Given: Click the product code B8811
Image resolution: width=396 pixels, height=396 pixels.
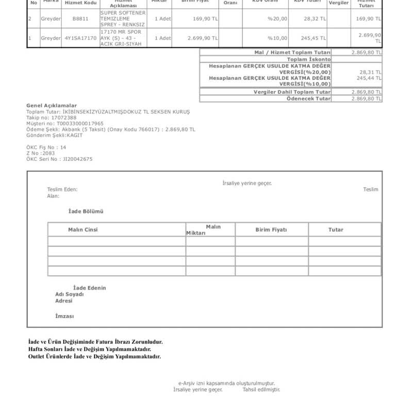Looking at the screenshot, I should (79, 19).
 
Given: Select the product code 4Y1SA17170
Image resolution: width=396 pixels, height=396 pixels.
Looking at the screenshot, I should (80, 38).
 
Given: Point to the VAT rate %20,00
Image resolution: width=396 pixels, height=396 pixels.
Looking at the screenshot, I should (277, 19).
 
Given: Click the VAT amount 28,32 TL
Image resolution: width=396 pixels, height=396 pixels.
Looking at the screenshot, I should (315, 19).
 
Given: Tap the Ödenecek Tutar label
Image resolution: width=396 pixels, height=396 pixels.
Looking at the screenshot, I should (308, 98).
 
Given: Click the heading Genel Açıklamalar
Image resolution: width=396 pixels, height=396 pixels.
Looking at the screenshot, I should (52, 105).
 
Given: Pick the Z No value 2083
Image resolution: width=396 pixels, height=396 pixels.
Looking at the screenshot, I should (49, 153).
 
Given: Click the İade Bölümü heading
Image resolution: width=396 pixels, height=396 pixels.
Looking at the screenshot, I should (86, 211).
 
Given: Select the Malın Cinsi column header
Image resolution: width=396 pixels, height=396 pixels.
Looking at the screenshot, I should (82, 229).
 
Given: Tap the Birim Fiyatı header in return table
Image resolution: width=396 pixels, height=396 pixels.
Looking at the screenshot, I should (271, 229).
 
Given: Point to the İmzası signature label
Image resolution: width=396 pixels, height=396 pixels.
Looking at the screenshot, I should (64, 316).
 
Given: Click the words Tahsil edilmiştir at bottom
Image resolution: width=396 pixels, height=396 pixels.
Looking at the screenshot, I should (261, 389).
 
